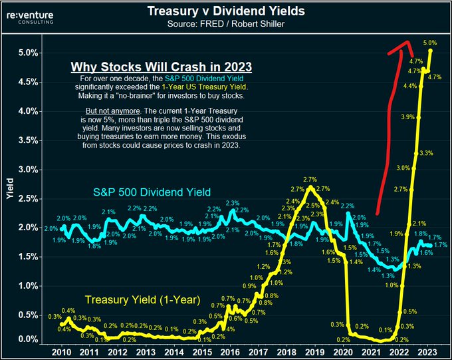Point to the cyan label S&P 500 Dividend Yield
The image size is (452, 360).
pos(151,193)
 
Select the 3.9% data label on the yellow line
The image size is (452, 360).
pos(409,117)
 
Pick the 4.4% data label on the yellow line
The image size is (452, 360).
pos(410,87)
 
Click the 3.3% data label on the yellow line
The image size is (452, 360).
pos(426,153)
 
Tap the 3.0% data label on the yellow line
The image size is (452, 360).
pos(403,168)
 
